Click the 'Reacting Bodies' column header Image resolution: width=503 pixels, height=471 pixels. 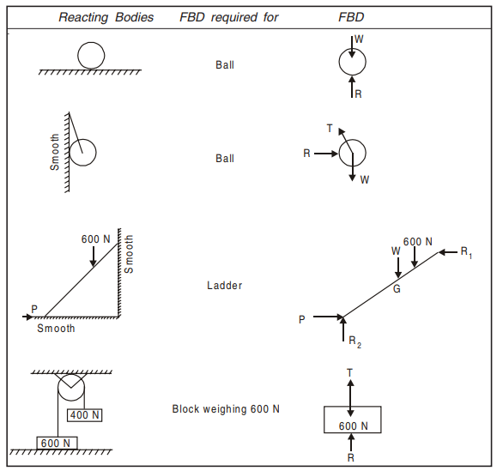(106, 17)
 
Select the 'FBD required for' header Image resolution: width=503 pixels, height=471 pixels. (228, 17)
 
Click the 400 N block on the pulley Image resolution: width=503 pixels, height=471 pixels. (85, 415)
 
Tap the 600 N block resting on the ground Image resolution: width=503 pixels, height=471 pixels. (57, 443)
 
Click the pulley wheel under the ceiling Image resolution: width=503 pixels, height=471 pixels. (58, 388)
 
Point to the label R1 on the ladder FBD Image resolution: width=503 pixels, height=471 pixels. (466, 252)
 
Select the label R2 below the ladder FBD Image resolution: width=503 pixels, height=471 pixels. (355, 341)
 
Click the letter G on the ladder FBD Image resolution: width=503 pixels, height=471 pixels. (397, 289)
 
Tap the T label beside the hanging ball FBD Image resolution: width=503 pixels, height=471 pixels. (330, 129)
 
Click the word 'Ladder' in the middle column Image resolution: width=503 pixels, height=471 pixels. (225, 286)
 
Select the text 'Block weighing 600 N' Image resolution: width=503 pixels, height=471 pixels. (226, 408)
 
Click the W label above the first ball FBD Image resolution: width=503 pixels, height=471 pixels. (359, 39)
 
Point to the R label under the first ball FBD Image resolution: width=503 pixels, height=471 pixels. (358, 94)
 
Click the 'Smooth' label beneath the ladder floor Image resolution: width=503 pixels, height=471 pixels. (56, 329)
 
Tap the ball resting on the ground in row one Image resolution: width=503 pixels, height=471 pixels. (77, 56)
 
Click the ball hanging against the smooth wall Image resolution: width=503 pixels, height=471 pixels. (96, 153)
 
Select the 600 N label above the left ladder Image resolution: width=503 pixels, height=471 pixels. (95, 239)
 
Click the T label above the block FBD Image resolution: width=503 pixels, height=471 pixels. (349, 373)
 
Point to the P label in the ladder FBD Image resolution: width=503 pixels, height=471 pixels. (302, 319)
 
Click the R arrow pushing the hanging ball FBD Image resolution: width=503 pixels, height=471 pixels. (326, 154)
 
